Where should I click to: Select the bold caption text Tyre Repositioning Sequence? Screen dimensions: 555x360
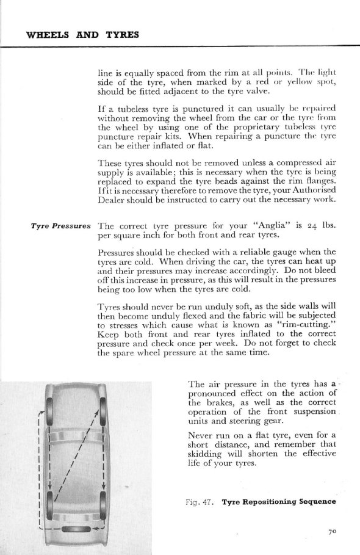coord(279,502)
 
